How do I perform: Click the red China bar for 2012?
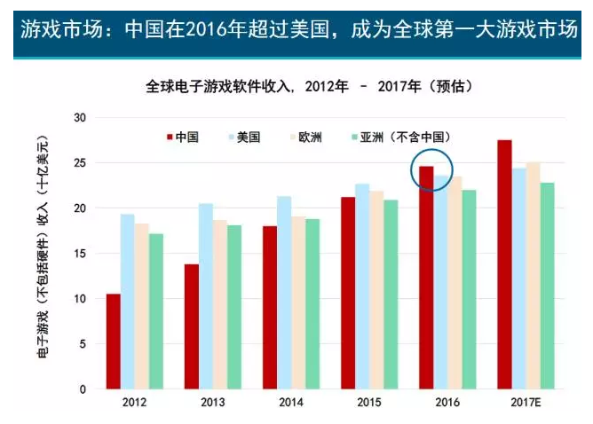114,342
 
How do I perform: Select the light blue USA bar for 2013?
206,296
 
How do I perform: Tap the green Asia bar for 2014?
312,304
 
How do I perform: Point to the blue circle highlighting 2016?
432,169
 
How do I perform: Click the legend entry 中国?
181,137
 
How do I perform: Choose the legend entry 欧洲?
304,137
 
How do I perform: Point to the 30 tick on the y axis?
81,118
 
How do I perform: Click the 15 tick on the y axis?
81,254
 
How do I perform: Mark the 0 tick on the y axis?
83,389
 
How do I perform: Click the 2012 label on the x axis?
134,404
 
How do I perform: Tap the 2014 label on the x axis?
290,404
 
